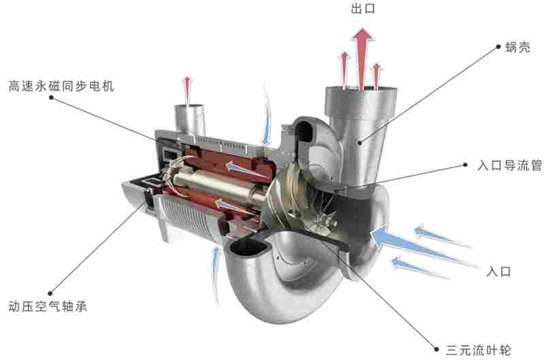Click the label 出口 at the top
point(363,8)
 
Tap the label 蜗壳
point(517,47)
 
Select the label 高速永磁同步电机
point(61,86)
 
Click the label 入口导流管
point(509,165)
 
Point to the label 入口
point(499,271)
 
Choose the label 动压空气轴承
point(48,306)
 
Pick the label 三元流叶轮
point(479,350)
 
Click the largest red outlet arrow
point(362,59)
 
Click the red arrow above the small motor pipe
point(188,90)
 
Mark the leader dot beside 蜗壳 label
point(498,46)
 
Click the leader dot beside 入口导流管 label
point(466,165)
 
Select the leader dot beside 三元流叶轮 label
point(437,349)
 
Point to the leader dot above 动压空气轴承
point(50,293)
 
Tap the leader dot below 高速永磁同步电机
point(52,97)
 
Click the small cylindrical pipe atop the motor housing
point(190,120)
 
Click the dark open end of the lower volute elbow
point(248,247)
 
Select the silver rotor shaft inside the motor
point(218,187)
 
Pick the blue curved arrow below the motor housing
point(216,275)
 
